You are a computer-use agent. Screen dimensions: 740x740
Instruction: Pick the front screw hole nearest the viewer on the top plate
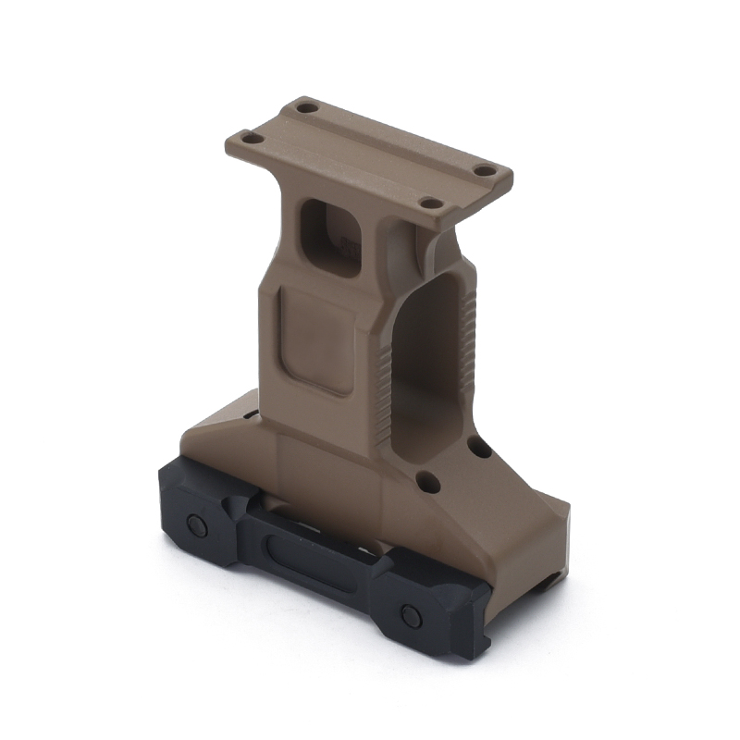coord(429,203)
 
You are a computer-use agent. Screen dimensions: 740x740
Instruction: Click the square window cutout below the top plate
coord(332,236)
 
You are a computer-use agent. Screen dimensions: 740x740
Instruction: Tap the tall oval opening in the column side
coord(427,361)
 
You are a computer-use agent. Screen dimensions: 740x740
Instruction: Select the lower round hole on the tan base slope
coord(426,481)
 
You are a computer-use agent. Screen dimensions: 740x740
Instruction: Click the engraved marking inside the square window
coord(349,246)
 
